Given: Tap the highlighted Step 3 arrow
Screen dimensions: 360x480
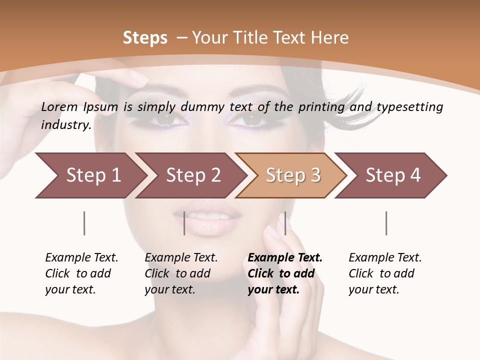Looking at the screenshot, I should [293, 175].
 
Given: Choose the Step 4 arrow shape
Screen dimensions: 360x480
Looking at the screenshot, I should [393, 175].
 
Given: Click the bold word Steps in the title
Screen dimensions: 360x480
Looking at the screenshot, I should [145, 37].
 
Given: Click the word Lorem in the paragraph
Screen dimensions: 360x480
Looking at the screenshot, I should [59, 106].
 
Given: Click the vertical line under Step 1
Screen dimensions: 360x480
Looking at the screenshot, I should [84, 223].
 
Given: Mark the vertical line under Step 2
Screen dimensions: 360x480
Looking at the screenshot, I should [184, 223].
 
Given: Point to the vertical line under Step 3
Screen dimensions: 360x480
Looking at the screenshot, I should [285, 223].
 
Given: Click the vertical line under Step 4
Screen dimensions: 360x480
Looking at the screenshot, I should [386, 223].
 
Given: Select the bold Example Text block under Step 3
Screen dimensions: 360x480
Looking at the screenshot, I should [285, 273].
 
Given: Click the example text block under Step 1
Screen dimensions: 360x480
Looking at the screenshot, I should [81, 273].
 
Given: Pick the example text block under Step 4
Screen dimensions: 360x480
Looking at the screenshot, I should [385, 273].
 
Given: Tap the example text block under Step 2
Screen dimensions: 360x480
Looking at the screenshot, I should [181, 273].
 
